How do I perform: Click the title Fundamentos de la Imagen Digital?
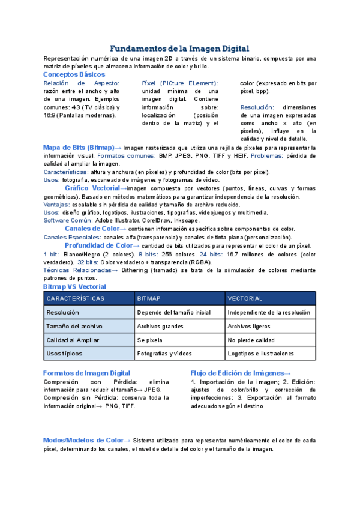[x=180, y=48]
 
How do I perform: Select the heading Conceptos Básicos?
[x=74, y=74]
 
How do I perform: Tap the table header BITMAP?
[x=149, y=298]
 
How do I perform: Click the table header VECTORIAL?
[x=245, y=298]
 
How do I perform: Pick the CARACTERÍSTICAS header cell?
[x=76, y=298]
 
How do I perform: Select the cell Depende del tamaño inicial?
[x=173, y=313]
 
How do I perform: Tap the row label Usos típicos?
[x=64, y=354]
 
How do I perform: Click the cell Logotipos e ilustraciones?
[x=260, y=354]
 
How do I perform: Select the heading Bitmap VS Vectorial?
[x=74, y=288]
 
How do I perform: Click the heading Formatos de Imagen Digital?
[x=87, y=373]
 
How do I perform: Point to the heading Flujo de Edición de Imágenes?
[x=241, y=373]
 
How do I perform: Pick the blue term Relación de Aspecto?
[x=82, y=83]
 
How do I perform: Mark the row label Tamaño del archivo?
[x=74, y=327]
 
